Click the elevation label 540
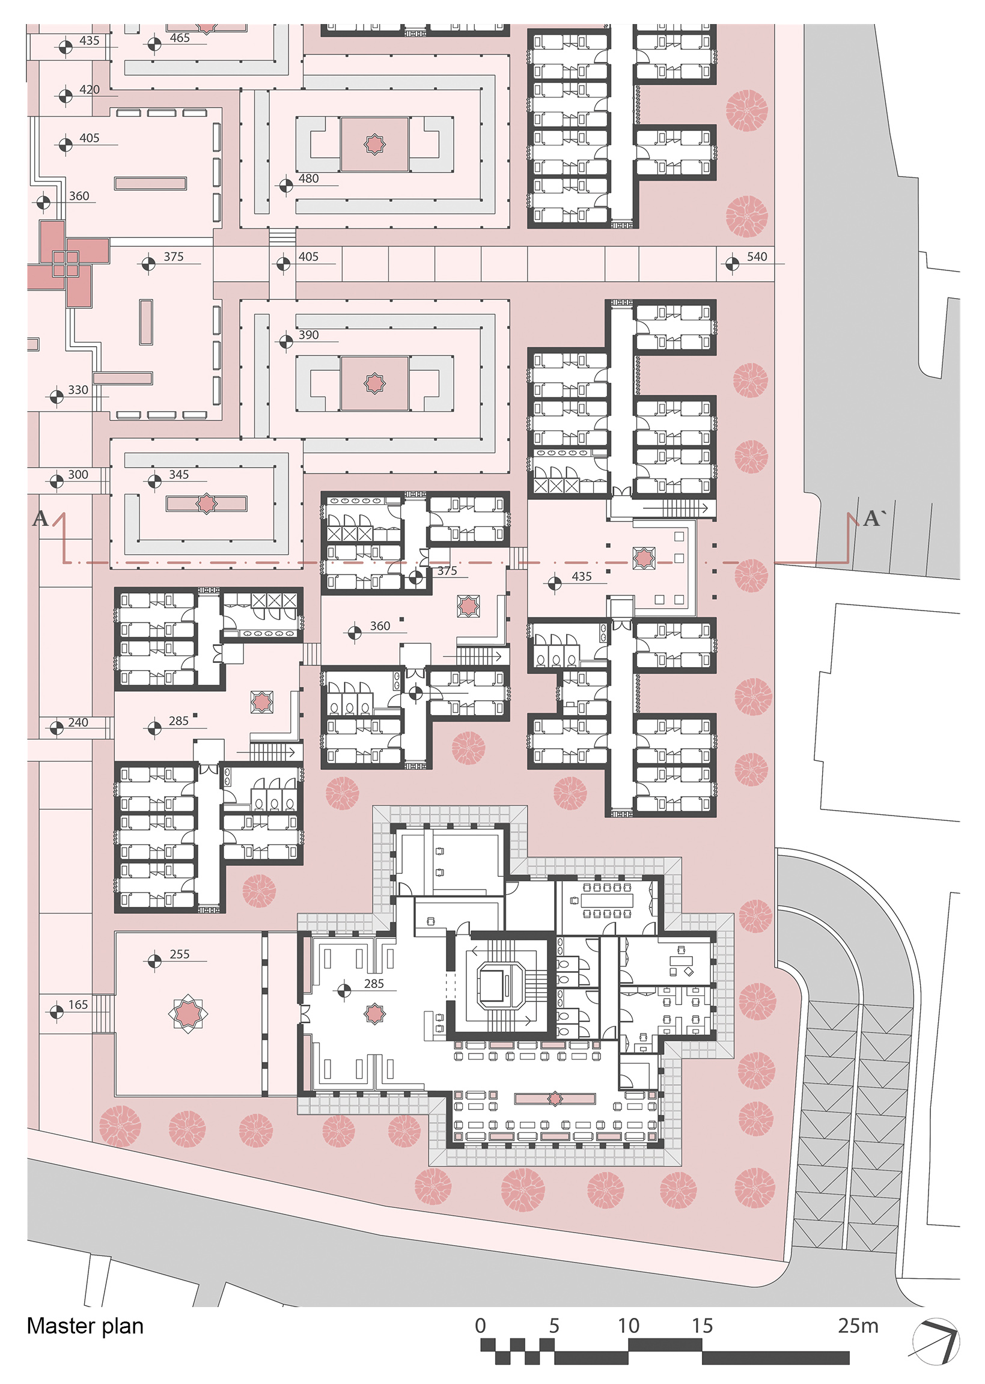pyautogui.click(x=757, y=257)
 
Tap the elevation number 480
pyautogui.click(x=308, y=178)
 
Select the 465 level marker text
pyautogui.click(x=180, y=38)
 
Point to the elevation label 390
pyautogui.click(x=308, y=335)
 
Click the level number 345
pyautogui.click(x=179, y=474)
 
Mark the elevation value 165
pyautogui.click(x=78, y=1004)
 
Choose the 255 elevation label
pyautogui.click(x=180, y=954)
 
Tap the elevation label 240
pyautogui.click(x=78, y=722)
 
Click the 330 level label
pyautogui.click(x=78, y=389)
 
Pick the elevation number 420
pyautogui.click(x=89, y=89)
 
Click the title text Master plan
pyautogui.click(x=85, y=1326)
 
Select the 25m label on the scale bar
pyautogui.click(x=858, y=1326)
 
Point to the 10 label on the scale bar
pyautogui.click(x=629, y=1326)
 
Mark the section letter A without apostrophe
pyautogui.click(x=40, y=519)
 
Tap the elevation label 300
pyautogui.click(x=78, y=474)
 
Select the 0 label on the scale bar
pyautogui.click(x=480, y=1326)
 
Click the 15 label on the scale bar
pyautogui.click(x=703, y=1326)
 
